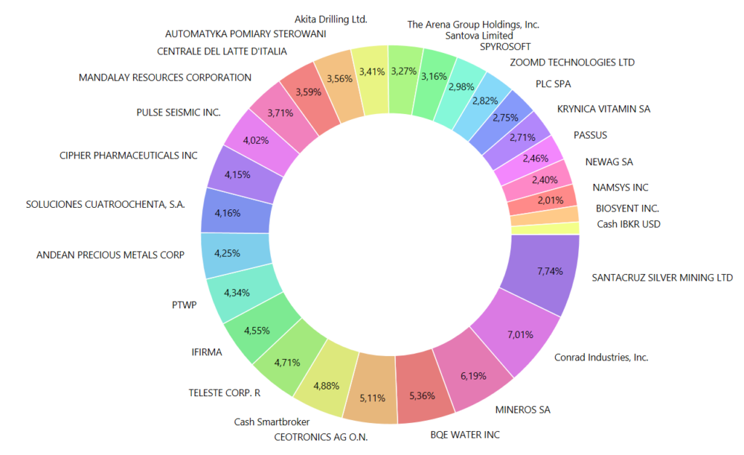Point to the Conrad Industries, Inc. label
pos(601,357)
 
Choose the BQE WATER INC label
pos(465,435)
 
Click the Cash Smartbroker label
pos(272,422)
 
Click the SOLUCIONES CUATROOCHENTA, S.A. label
pos(105,204)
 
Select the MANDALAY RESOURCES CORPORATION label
pos(165,78)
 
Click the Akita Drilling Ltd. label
pos(331,19)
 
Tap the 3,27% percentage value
pos(404,71)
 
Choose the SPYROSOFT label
pos(505,47)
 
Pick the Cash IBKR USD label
pos(629,224)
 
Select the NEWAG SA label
pos(609,162)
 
